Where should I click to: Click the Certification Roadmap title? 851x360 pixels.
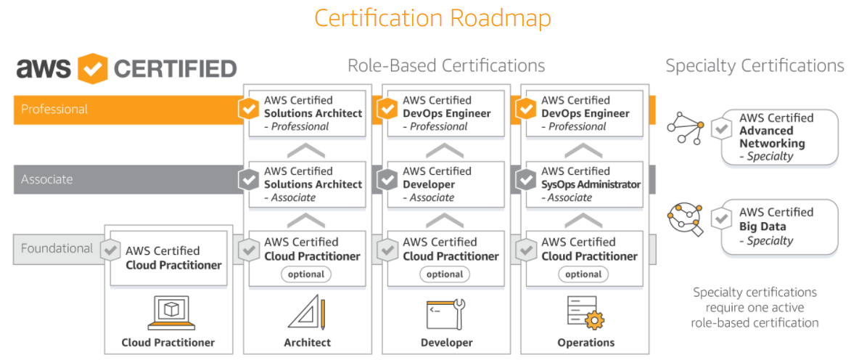click(x=432, y=18)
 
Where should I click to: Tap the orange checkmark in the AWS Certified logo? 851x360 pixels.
click(x=92, y=69)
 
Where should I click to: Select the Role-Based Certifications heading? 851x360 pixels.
click(x=446, y=66)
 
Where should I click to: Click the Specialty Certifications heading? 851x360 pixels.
click(x=755, y=66)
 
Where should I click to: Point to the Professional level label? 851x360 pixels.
click(x=54, y=110)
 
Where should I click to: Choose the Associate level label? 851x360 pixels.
click(x=47, y=179)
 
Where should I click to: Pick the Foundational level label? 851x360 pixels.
click(x=57, y=248)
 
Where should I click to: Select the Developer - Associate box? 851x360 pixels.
click(x=444, y=184)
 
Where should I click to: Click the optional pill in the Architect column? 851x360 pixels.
click(x=306, y=274)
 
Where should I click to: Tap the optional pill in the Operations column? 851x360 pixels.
click(x=583, y=274)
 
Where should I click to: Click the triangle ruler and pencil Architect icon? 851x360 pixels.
click(x=307, y=313)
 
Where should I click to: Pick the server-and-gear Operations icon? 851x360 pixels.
click(x=585, y=313)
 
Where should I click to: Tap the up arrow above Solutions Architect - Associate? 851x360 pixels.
click(x=306, y=151)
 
